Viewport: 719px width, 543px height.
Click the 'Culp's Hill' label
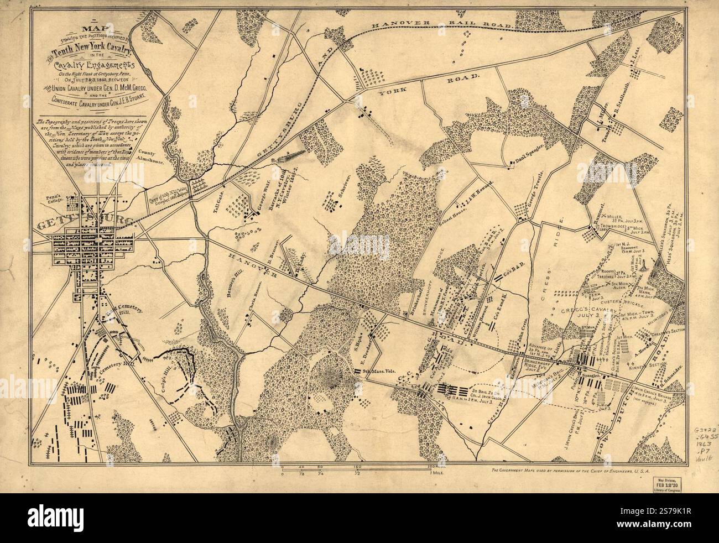(153, 378)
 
